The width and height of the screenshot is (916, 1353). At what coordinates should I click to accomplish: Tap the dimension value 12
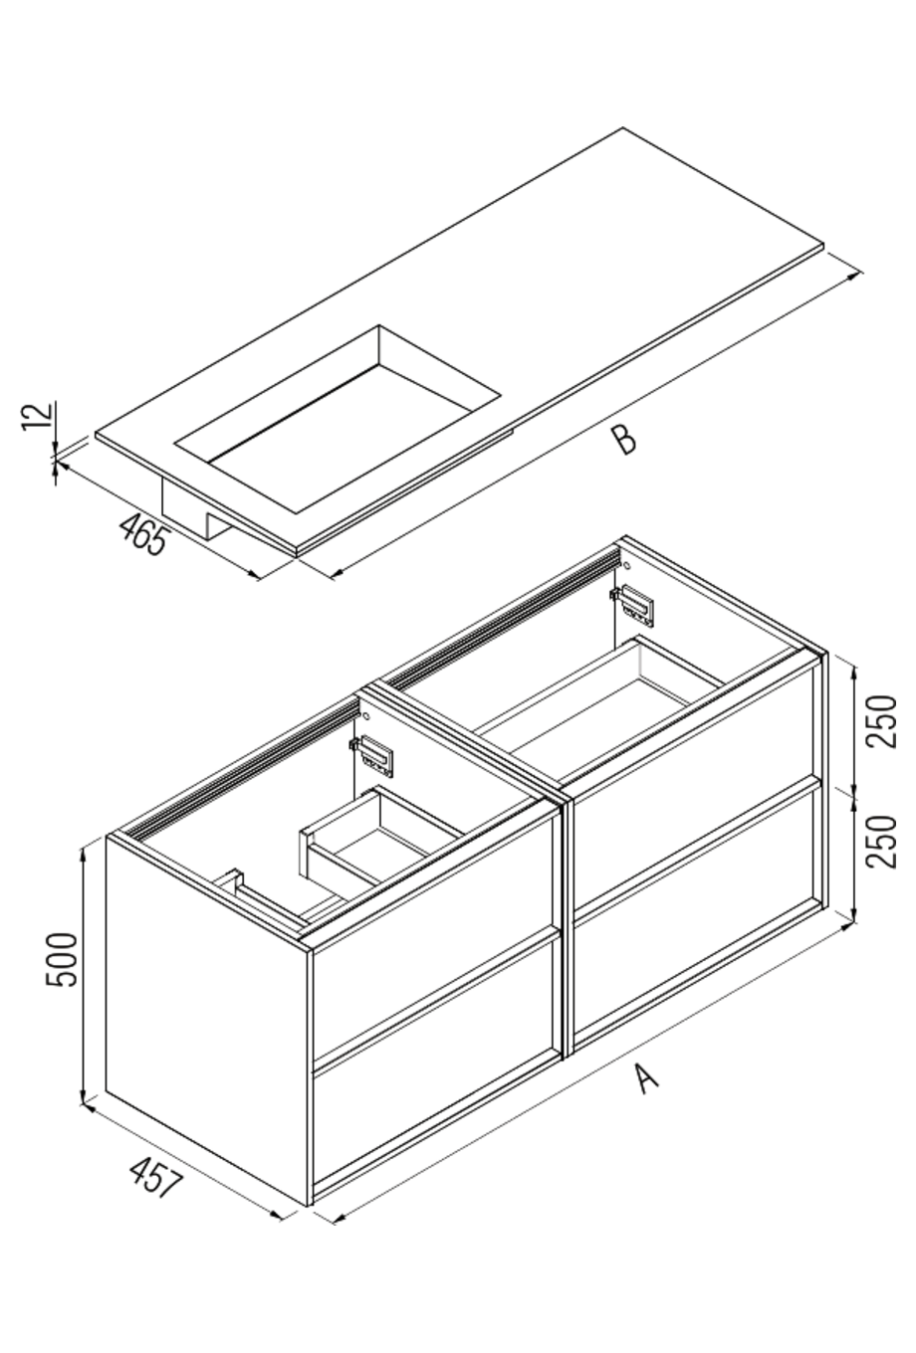(37, 416)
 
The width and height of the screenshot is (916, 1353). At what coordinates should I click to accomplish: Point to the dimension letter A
(647, 1077)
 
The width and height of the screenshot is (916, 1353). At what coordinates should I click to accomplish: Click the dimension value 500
(62, 959)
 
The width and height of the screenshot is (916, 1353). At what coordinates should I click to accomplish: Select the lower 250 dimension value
(881, 841)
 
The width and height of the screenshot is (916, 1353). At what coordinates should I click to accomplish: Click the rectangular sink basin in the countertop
(339, 418)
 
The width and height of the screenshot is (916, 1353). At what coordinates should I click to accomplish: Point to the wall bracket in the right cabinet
(635, 604)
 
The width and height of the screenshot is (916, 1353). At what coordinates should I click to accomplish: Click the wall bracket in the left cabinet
(377, 754)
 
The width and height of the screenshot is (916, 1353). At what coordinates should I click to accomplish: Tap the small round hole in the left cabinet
(365, 715)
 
